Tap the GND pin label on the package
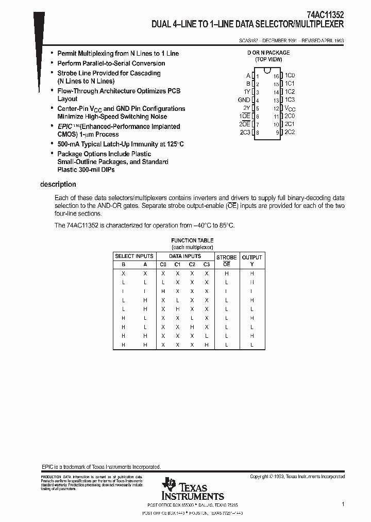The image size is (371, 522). click(244, 100)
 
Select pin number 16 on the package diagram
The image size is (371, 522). click(276, 76)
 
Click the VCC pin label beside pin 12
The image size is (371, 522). click(291, 109)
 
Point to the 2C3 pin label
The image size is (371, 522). click(245, 133)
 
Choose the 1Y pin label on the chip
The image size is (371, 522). click(247, 92)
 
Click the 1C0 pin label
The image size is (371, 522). click(290, 75)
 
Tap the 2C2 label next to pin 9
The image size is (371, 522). click(290, 133)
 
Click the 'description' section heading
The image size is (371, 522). click(58, 184)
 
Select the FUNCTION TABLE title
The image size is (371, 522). click(192, 240)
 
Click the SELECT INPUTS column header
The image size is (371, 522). click(134, 256)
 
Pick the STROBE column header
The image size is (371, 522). click(226, 257)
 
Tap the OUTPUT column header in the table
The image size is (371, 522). click(252, 257)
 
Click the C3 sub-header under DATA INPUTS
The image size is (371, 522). click(207, 265)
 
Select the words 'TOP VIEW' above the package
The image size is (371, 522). click(268, 60)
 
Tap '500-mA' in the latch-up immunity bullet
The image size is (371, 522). click(69, 144)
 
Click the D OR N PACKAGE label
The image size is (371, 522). click(268, 53)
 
